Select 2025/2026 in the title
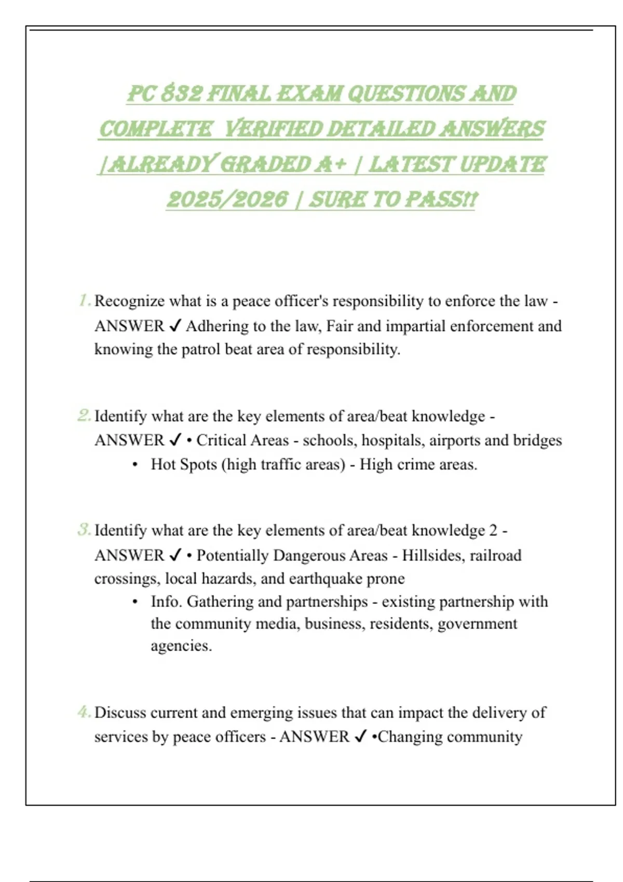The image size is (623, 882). (227, 199)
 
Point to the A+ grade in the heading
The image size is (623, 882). (330, 164)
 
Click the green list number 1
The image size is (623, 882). (84, 300)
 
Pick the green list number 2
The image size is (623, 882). (84, 416)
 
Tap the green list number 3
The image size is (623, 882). (84, 530)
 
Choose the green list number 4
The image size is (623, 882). (84, 712)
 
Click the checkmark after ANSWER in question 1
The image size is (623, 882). (175, 326)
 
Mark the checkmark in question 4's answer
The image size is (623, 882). (360, 737)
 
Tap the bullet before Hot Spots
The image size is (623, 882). (135, 465)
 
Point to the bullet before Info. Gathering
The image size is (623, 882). (135, 602)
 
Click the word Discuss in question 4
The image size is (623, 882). (120, 712)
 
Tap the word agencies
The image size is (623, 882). (181, 646)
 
